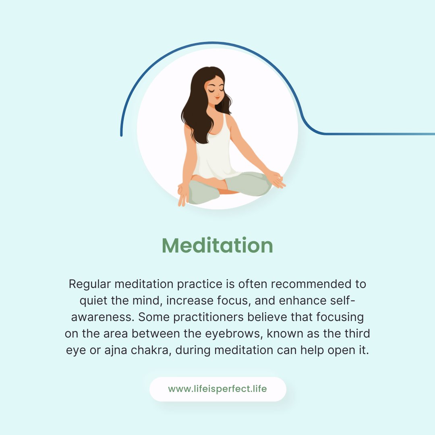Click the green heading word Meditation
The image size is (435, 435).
coord(217,245)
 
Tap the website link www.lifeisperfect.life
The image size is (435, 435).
coord(217,389)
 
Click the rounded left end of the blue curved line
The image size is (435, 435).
coord(121,135)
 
